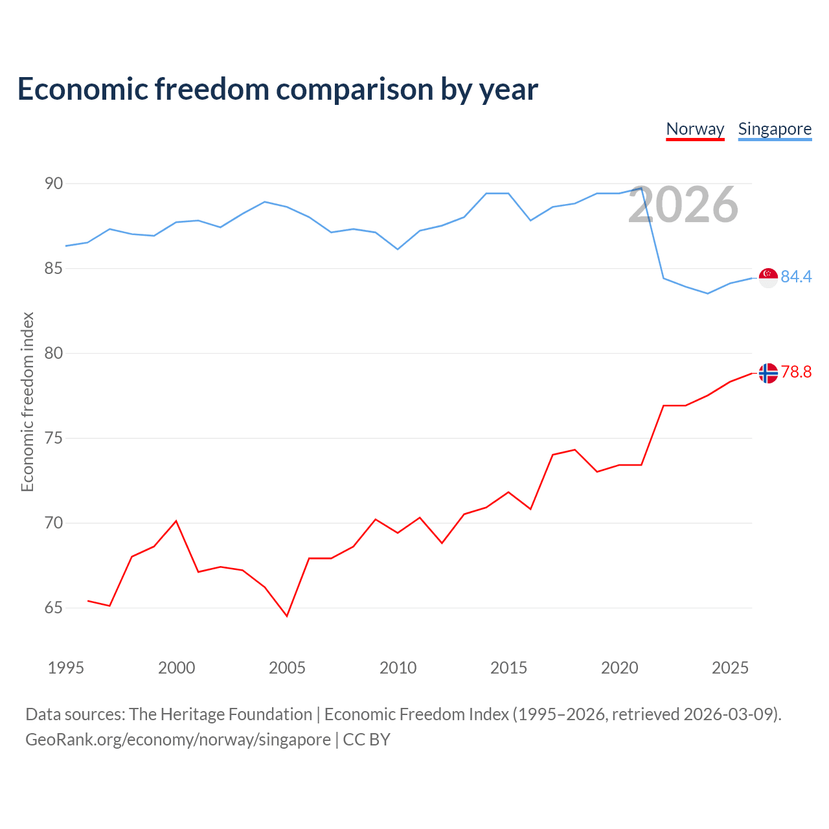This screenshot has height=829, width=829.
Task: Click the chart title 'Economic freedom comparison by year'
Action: pyautogui.click(x=277, y=89)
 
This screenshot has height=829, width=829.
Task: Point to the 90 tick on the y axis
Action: pyautogui.click(x=54, y=184)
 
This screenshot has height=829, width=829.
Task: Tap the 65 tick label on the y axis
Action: pyautogui.click(x=54, y=608)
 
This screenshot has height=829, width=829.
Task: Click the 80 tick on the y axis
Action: pyautogui.click(x=54, y=353)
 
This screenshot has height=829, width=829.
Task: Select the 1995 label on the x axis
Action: pyautogui.click(x=66, y=668)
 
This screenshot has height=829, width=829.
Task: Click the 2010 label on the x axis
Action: pyautogui.click(x=398, y=668)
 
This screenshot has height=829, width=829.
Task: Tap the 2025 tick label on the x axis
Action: pyautogui.click(x=730, y=668)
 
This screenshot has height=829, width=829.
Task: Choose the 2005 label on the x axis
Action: pyautogui.click(x=287, y=668)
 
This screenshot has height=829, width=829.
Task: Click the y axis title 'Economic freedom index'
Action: pyautogui.click(x=28, y=402)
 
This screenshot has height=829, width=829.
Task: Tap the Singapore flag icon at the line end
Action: pyautogui.click(x=768, y=278)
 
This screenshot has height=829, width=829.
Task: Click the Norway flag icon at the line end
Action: pyautogui.click(x=768, y=373)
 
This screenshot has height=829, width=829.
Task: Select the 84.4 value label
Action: pyautogui.click(x=797, y=277)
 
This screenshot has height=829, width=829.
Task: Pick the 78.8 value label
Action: pyautogui.click(x=797, y=372)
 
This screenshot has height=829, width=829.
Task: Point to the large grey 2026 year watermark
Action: pyautogui.click(x=683, y=205)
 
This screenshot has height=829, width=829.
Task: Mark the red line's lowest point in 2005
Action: pyautogui.click(x=287, y=616)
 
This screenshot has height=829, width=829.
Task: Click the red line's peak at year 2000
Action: pyautogui.click(x=176, y=521)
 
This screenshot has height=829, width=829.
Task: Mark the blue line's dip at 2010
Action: pyautogui.click(x=398, y=249)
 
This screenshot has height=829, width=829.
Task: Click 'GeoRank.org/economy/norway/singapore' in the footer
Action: pyautogui.click(x=178, y=740)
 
